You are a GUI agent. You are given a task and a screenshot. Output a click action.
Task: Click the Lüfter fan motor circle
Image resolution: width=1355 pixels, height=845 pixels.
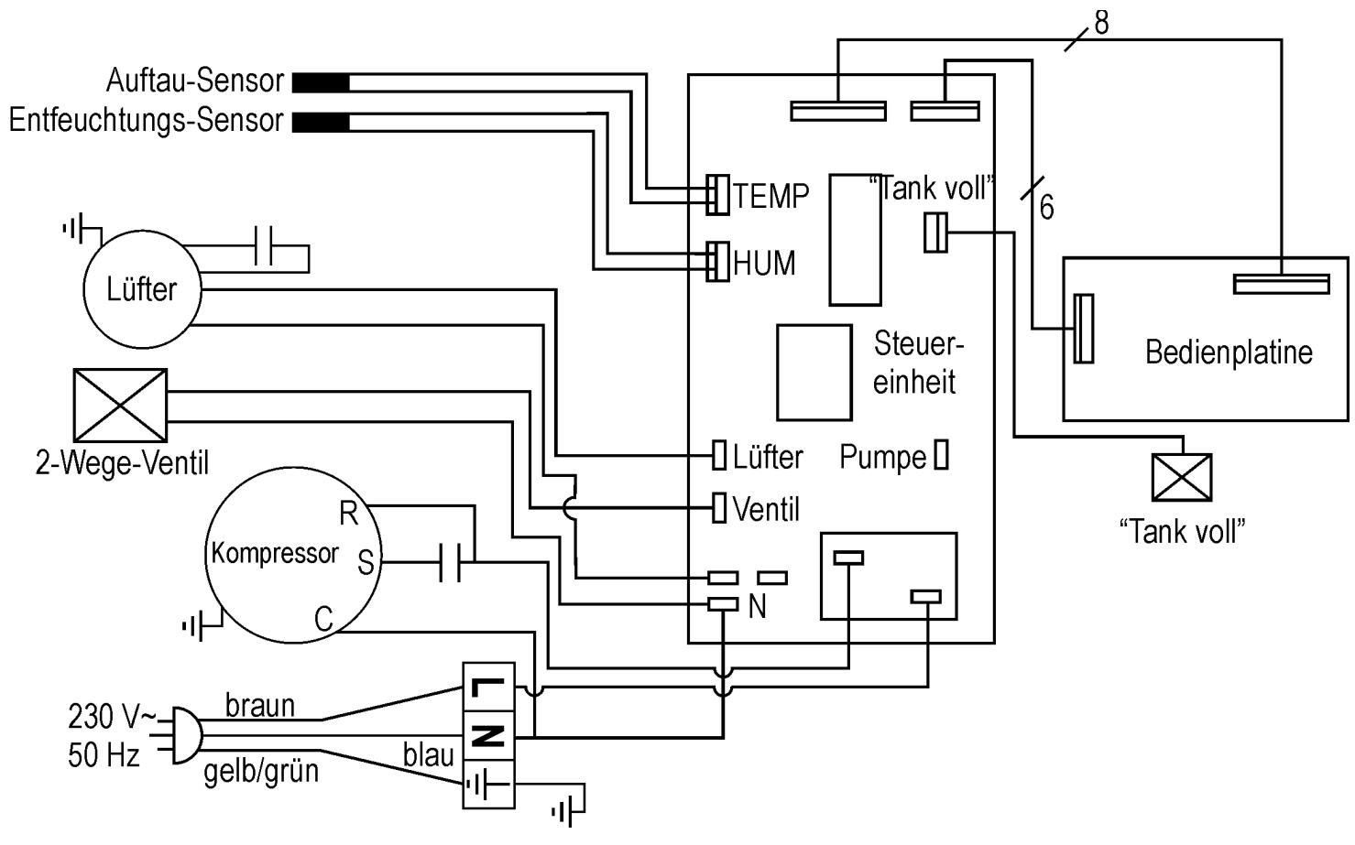point(142,289)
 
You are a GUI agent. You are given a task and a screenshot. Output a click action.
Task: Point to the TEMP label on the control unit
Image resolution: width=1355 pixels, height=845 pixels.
point(770,196)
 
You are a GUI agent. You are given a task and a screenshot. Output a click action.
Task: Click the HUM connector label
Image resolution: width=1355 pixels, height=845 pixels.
point(764,264)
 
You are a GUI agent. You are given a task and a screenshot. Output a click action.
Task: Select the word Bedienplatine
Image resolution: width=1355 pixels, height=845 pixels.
point(1229,352)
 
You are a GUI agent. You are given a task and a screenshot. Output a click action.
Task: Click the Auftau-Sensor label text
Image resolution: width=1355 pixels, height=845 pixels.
point(195,81)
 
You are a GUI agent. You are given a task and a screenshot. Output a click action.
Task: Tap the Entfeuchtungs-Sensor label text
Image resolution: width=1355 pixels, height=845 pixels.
point(146,121)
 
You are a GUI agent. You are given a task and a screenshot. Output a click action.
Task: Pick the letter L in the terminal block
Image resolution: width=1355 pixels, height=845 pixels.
point(486,686)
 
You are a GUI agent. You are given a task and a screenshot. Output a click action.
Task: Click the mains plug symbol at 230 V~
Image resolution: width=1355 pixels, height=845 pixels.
point(180,734)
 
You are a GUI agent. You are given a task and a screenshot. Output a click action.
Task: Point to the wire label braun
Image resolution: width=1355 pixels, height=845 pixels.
point(260,705)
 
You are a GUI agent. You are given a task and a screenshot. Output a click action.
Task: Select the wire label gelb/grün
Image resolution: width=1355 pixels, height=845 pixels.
point(260,771)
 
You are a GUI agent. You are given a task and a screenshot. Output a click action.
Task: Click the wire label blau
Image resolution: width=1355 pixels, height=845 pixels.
point(429,755)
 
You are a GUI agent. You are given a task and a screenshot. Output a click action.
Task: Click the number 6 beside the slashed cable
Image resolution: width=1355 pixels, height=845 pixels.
point(1046,209)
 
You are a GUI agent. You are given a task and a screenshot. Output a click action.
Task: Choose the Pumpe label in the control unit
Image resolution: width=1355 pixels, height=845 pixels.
point(882,458)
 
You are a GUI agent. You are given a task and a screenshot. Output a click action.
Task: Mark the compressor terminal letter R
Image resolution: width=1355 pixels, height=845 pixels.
point(348,515)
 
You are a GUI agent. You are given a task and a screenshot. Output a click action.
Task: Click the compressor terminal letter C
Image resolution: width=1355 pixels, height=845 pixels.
point(323,620)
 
